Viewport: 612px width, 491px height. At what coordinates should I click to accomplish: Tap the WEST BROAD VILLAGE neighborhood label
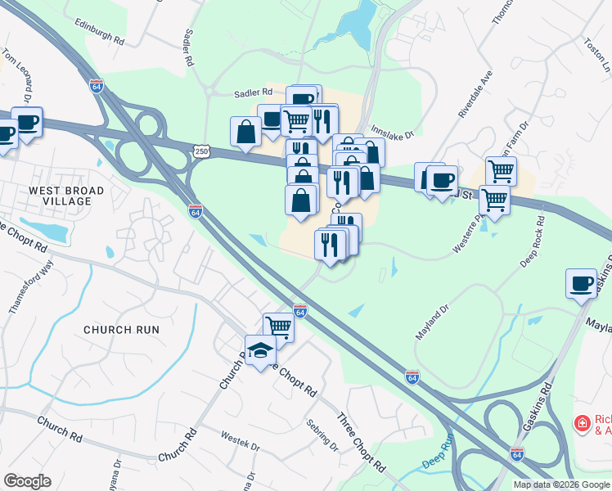pyautogui.click(x=66, y=196)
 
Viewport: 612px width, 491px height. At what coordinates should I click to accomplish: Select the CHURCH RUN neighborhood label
pyautogui.click(x=121, y=330)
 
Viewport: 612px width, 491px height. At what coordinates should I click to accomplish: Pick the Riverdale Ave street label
pyautogui.click(x=475, y=97)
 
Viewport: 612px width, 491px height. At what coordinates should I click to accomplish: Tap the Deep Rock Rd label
pyautogui.click(x=532, y=241)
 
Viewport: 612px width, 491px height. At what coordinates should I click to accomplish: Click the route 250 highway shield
pyautogui.click(x=202, y=151)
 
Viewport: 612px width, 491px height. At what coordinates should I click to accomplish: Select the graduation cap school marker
pyautogui.click(x=261, y=349)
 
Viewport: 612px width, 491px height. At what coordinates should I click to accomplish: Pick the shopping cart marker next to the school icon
pyautogui.click(x=279, y=327)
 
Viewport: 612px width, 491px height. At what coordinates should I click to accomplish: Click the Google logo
pyautogui.click(x=26, y=481)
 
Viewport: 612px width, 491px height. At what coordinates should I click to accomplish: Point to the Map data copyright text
pyautogui.click(x=560, y=484)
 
